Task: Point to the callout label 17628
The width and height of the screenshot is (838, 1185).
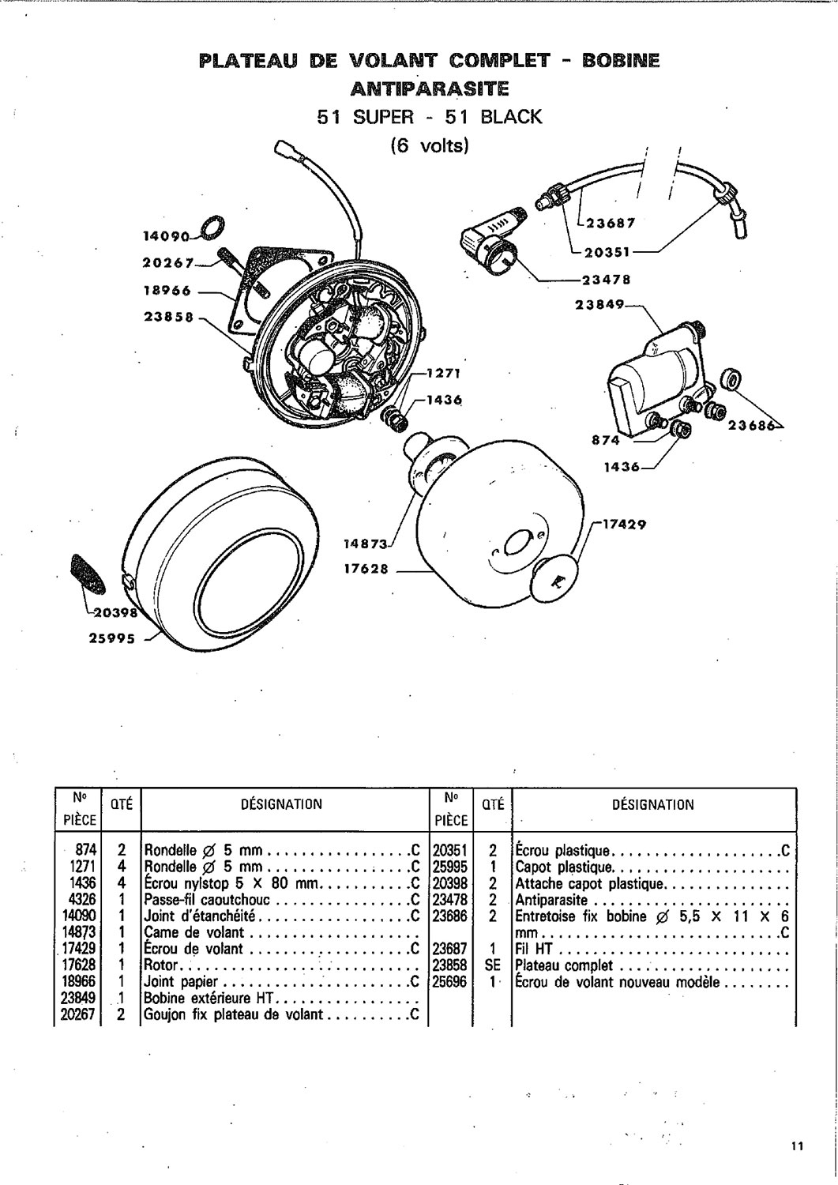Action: (366, 570)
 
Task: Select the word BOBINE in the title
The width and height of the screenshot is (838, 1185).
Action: (621, 61)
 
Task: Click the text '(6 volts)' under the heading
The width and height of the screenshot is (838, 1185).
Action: (430, 145)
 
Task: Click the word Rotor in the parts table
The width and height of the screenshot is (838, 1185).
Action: (161, 965)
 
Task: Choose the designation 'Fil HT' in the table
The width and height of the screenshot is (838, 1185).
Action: (534, 949)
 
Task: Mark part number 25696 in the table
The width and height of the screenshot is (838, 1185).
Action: (449, 982)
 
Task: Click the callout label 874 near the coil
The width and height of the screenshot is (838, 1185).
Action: (606, 440)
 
